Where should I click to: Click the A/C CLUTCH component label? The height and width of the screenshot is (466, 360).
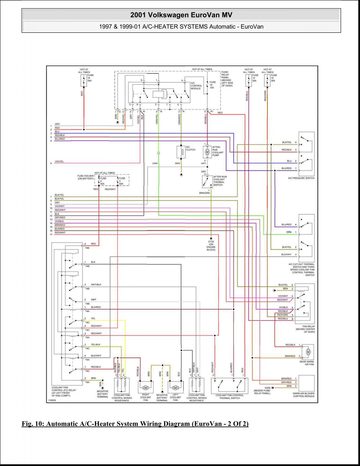tap(190, 148)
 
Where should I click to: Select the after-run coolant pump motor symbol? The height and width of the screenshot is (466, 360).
tap(207, 152)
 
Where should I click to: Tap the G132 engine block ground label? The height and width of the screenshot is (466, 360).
tap(211, 246)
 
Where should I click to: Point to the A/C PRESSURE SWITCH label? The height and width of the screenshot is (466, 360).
tap(301, 178)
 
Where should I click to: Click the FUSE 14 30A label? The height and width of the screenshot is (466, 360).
tap(90, 78)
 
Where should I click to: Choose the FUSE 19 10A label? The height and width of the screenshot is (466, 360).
tap(213, 85)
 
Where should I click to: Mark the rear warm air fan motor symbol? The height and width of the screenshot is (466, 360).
tap(308, 352)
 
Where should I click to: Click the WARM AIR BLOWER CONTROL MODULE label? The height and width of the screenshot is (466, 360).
tap(303, 395)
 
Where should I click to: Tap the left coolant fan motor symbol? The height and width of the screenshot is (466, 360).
tap(175, 387)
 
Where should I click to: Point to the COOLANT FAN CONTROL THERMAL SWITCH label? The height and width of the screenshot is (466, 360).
tap(230, 397)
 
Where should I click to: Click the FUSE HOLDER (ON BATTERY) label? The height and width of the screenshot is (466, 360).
tap(86, 177)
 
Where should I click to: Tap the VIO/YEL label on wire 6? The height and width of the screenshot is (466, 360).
tap(59, 162)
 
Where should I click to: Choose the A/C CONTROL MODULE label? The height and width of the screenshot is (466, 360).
tap(196, 86)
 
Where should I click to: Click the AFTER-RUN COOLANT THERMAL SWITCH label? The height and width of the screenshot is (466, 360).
tap(220, 181)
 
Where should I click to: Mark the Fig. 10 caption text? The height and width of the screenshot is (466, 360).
tap(135, 424)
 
